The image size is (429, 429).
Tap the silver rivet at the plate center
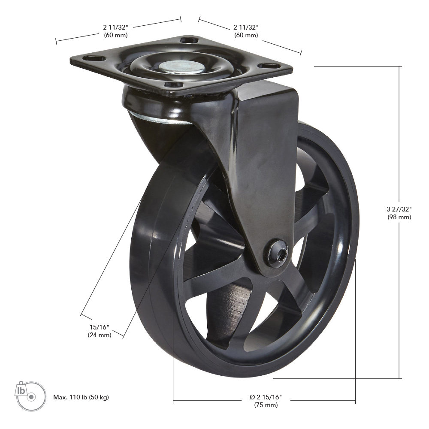pyautogui.click(x=181, y=66)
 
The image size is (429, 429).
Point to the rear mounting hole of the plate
pyautogui.click(x=189, y=40)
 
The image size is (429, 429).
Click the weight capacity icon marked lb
pyautogui.click(x=30, y=396)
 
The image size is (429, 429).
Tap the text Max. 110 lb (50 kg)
pyautogui.click(x=81, y=397)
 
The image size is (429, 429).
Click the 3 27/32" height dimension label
pyautogui.click(x=399, y=209)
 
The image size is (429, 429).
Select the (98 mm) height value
pyautogui.click(x=399, y=217)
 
